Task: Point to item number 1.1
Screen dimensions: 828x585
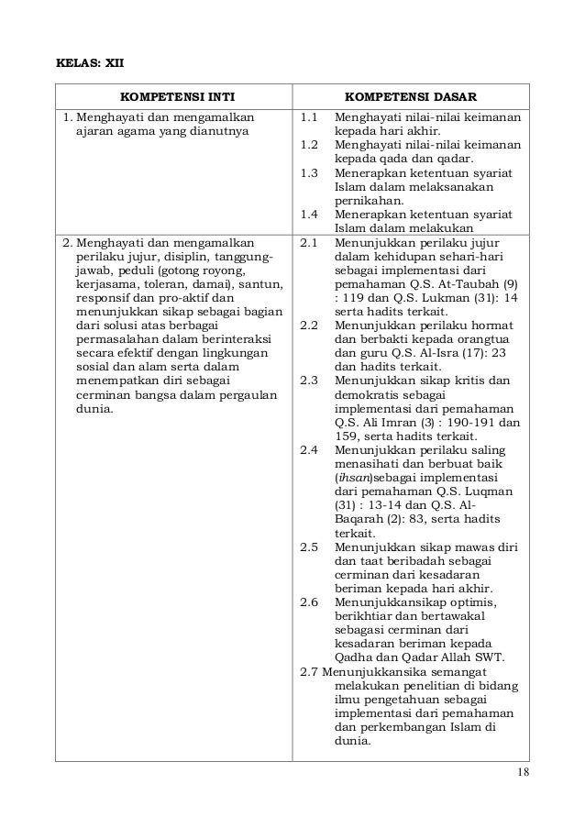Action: pos(309,118)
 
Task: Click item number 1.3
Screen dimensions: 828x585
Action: pos(309,174)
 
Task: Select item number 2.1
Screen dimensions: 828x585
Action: pos(309,244)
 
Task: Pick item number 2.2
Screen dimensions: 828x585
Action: pos(309,326)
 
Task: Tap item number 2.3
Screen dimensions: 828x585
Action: pos(309,381)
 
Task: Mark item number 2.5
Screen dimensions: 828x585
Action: pos(309,547)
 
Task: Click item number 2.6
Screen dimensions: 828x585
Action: pos(309,602)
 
